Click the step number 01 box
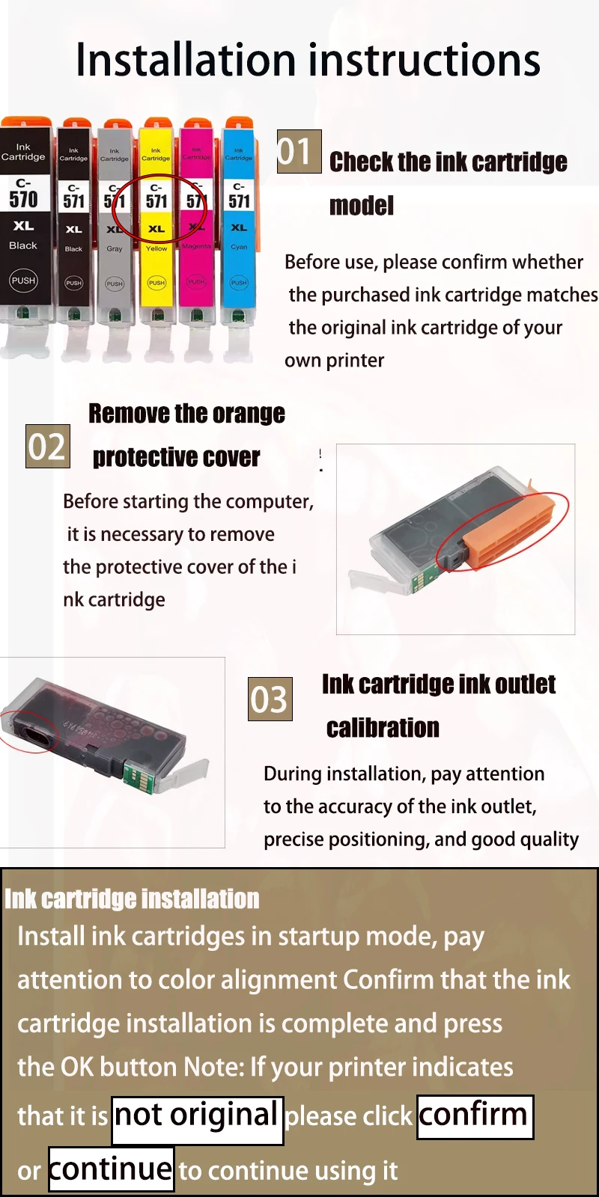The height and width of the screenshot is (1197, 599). pyautogui.click(x=299, y=151)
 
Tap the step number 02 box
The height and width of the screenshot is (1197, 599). pyautogui.click(x=48, y=446)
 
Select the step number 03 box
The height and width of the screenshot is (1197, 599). pyautogui.click(x=270, y=699)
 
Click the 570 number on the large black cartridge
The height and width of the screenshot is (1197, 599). pyautogui.click(x=23, y=199)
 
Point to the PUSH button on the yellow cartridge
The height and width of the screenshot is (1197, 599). pyautogui.click(x=156, y=283)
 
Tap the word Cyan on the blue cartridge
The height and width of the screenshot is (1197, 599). pyautogui.click(x=239, y=247)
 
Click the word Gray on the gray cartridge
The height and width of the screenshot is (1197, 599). pyautogui.click(x=115, y=248)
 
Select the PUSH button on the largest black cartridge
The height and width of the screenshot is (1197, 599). pyautogui.click(x=23, y=281)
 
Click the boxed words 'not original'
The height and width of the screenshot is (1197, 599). pyautogui.click(x=198, y=1120)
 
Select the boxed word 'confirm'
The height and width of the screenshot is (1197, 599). pyautogui.click(x=475, y=1117)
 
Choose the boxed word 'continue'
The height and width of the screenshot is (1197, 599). pyautogui.click(x=112, y=1168)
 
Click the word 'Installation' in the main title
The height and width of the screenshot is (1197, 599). pyautogui.click(x=186, y=59)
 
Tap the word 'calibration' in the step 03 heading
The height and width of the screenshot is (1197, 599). pyautogui.click(x=383, y=728)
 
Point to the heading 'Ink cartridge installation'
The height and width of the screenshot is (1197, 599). pyautogui.click(x=132, y=898)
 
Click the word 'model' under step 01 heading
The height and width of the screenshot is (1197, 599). pyautogui.click(x=362, y=206)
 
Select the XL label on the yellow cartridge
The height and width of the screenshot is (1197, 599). pyautogui.click(x=156, y=229)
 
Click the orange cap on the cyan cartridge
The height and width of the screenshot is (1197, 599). pyautogui.click(x=239, y=123)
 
